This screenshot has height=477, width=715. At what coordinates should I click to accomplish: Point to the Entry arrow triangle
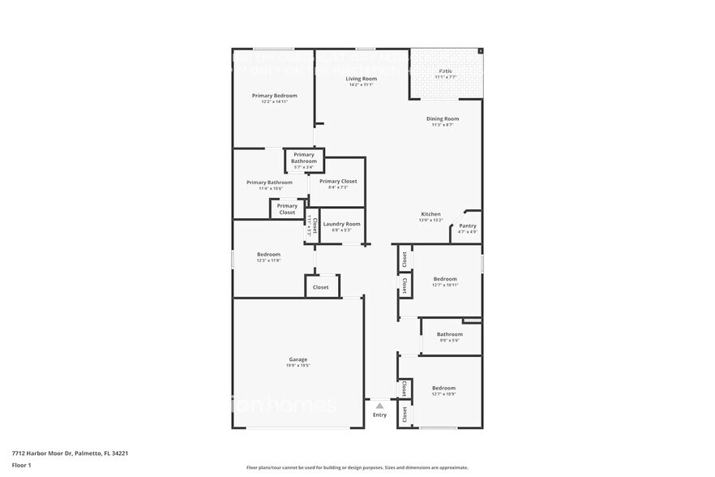pyautogui.click(x=379, y=405)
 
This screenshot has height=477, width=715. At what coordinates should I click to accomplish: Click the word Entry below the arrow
pyautogui.click(x=379, y=415)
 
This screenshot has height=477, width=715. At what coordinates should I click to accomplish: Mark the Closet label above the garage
pyautogui.click(x=321, y=287)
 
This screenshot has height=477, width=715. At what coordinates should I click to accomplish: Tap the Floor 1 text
pyautogui.click(x=21, y=465)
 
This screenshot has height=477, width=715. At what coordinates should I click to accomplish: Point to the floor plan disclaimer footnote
pyautogui.click(x=357, y=468)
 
